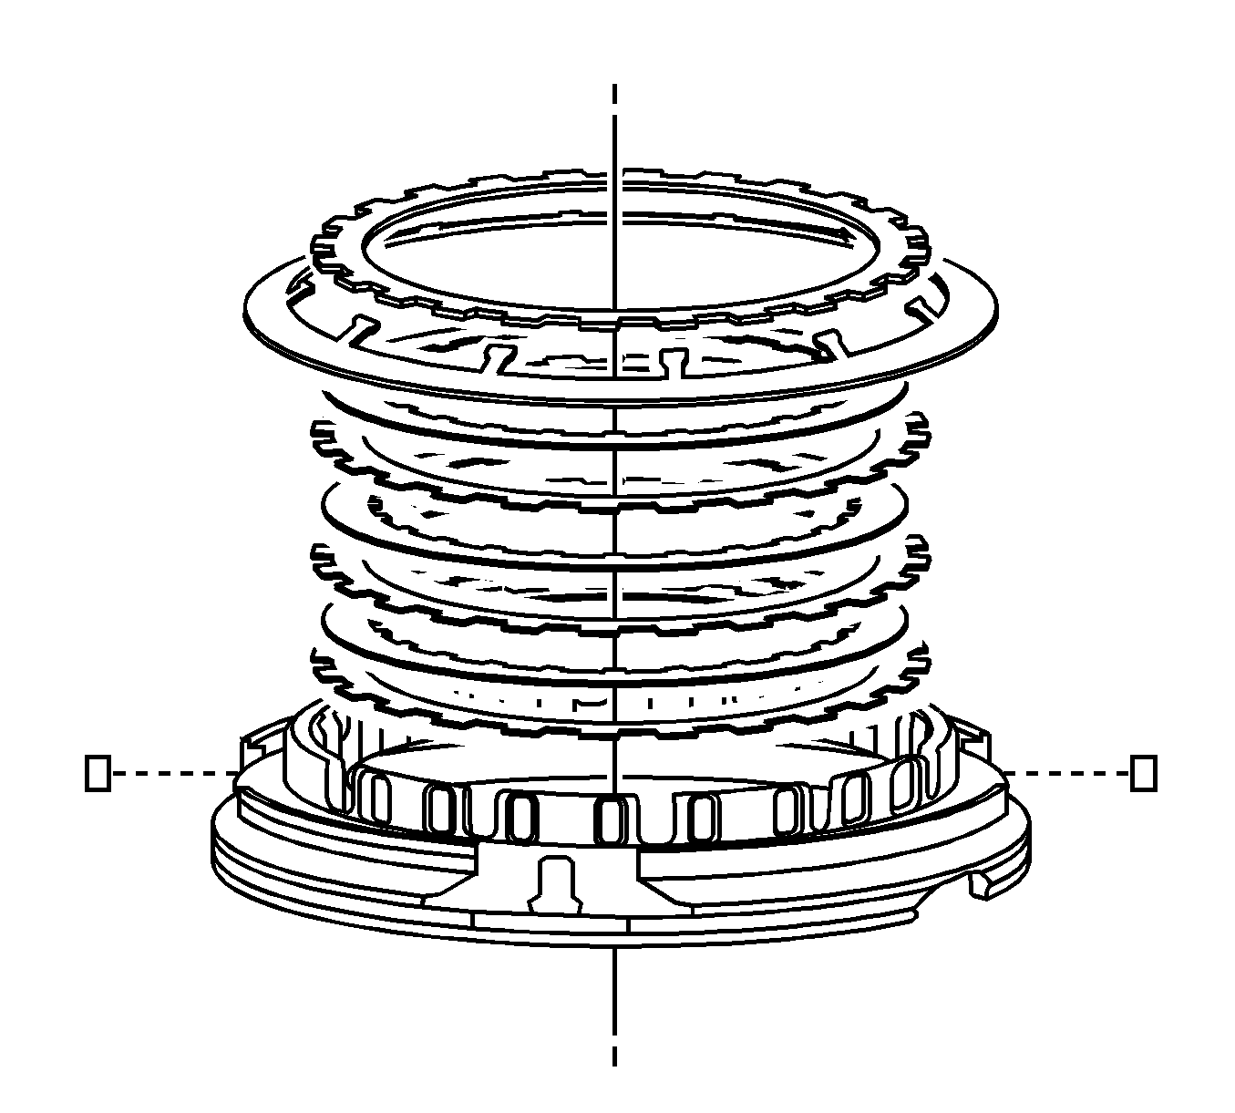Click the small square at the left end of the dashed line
coord(98,772)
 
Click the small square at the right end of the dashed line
coord(1143,772)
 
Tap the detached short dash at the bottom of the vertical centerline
coord(616,1054)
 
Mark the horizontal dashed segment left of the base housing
coord(173,773)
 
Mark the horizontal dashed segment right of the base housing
coord(1066,773)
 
